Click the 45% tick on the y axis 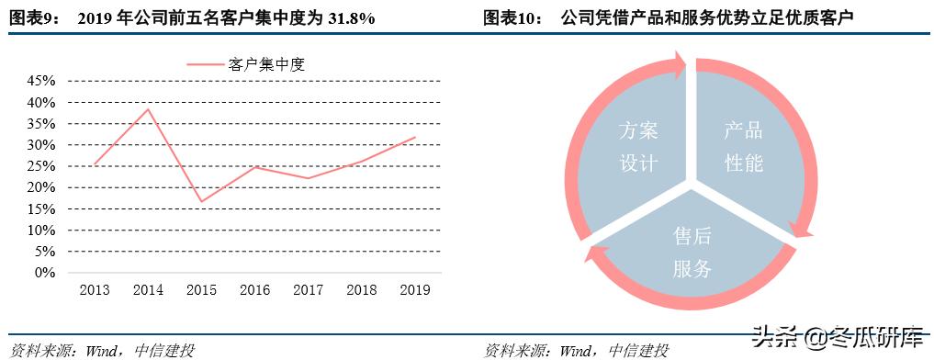41,81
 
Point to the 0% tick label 44,273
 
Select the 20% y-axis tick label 41,187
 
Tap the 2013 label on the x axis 95,290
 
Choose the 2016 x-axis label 254,290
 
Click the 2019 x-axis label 415,290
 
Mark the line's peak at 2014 148,109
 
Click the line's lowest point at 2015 201,201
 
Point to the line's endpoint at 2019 415,137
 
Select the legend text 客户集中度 266,64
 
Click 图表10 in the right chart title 513,18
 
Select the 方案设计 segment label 638,147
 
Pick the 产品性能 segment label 744,147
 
